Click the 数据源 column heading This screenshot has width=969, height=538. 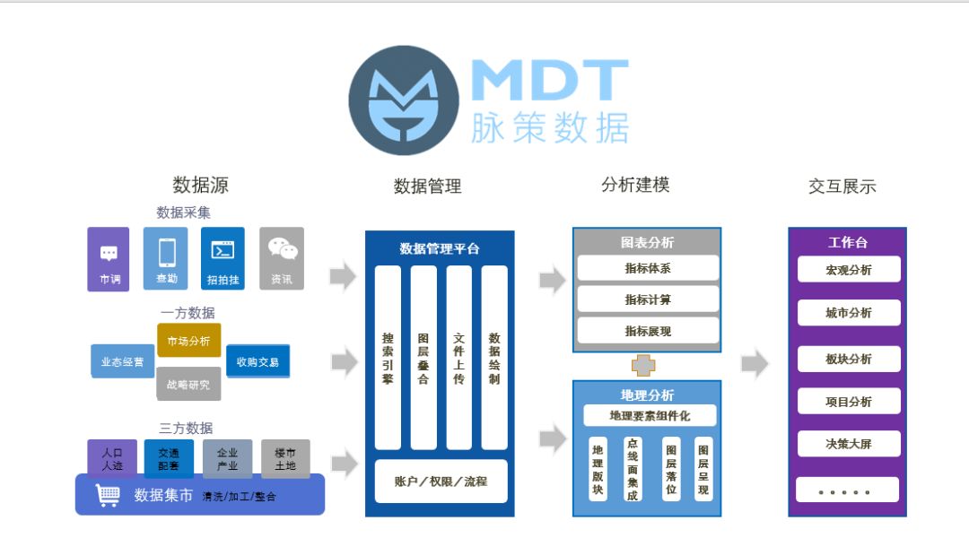coord(200,186)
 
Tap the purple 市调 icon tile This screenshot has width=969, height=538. coord(109,258)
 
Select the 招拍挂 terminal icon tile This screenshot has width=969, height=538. coord(223,258)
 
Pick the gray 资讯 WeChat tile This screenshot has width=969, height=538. coord(282,258)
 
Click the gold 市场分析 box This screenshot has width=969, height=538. coord(188,341)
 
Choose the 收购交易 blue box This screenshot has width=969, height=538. coord(258,361)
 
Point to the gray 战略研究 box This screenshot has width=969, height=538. coord(188,384)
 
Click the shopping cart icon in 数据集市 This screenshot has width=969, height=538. coord(108,495)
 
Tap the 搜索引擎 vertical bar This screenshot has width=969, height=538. coord(388,357)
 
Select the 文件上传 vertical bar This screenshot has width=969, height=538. coord(458,357)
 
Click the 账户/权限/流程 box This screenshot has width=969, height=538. coord(441,482)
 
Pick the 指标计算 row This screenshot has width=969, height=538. coord(648,299)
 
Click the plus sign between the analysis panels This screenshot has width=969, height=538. coord(643,365)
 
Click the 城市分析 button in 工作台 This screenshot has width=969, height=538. coord(848,313)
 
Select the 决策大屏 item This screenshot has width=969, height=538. coord(848,444)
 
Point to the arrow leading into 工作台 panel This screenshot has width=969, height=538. coord(755,364)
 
